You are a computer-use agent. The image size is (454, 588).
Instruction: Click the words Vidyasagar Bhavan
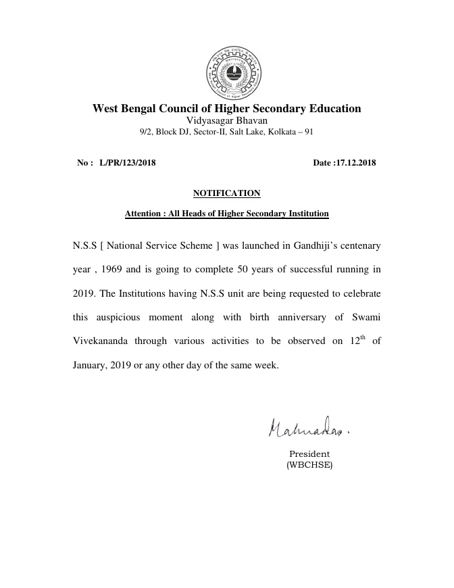226,120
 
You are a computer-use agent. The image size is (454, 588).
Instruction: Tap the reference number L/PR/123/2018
128,163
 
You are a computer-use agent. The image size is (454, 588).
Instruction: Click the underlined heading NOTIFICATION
226,193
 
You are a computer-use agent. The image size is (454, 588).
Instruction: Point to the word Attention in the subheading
144,214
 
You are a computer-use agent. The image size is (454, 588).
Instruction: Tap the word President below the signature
309,454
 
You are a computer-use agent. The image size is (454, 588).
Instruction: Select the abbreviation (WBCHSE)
309,465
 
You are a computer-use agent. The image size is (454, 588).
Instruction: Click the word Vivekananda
105,341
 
